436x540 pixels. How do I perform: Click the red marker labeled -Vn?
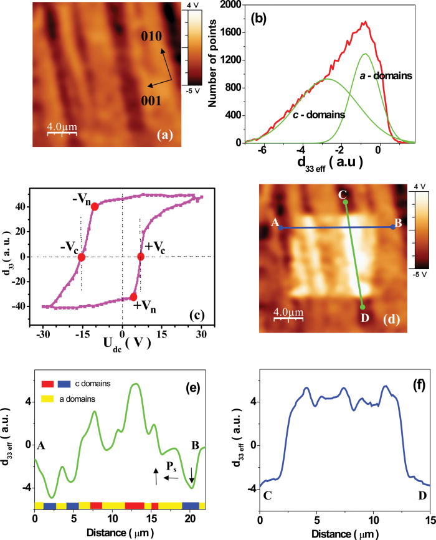tap(95, 207)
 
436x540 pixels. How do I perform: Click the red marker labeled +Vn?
tap(133, 297)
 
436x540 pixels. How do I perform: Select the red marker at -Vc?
tap(82, 257)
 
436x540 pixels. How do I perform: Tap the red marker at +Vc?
tap(141, 257)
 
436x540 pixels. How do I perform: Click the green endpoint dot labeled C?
tap(345, 202)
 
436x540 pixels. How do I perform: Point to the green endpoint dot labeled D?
tap(363, 306)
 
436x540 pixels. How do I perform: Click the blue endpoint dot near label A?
tap(281, 228)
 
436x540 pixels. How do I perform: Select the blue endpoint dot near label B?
tap(392, 227)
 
